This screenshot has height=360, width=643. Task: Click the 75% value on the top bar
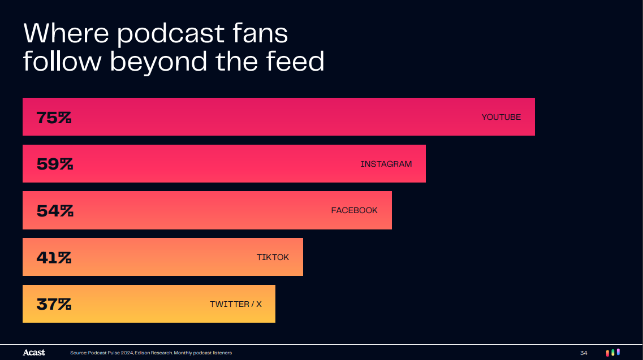(54, 118)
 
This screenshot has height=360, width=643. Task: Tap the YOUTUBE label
(501, 117)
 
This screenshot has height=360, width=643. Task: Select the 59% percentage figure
(55, 164)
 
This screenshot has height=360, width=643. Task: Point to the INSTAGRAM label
(386, 164)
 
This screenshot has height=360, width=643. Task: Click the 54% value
(55, 211)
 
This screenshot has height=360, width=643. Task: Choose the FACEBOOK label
(354, 210)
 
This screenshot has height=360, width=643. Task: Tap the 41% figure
(54, 258)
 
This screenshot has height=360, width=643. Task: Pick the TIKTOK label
(273, 257)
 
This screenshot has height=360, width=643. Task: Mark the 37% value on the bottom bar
(54, 304)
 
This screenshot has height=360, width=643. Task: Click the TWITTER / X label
(236, 304)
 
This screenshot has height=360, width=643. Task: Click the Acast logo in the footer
(34, 353)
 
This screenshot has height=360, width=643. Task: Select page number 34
(584, 353)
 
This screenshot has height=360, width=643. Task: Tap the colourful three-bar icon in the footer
(612, 352)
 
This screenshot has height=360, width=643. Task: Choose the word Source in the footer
(78, 353)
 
